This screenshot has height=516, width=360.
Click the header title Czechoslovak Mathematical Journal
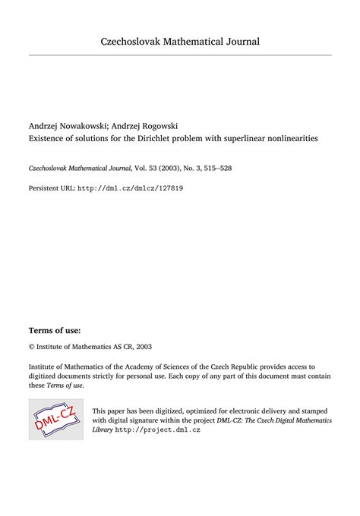click(180, 40)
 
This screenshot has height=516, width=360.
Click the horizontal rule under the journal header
click(180, 55)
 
